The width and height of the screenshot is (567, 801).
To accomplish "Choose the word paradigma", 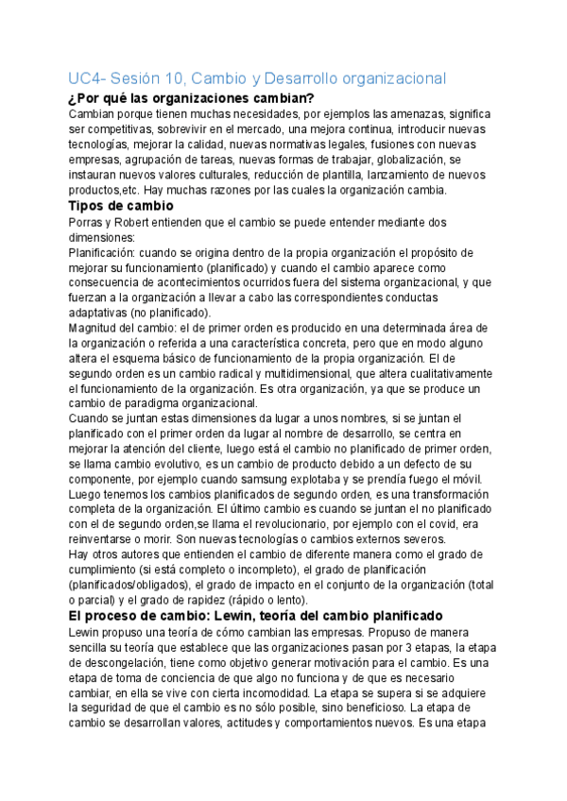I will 153,403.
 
